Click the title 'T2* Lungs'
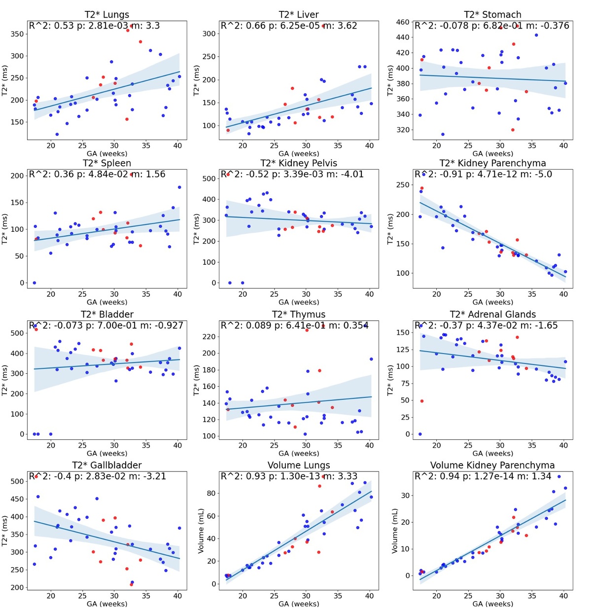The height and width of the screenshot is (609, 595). pos(106,15)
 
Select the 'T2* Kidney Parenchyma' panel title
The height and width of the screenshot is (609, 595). pos(492,163)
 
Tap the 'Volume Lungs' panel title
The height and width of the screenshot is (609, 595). pos(299,465)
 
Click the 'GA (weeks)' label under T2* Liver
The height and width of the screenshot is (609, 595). pos(299,153)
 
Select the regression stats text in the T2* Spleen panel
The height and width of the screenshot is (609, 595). pos(97,174)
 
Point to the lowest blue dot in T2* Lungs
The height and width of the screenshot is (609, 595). pos(57,134)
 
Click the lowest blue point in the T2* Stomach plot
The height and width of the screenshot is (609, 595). pos(443,134)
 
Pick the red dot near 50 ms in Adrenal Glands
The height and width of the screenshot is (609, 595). pos(422,401)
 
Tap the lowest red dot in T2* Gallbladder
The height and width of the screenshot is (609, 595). pos(131,584)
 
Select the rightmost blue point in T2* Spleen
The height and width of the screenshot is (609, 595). pos(179,187)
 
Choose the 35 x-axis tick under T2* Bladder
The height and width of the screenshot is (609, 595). pos(146,445)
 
